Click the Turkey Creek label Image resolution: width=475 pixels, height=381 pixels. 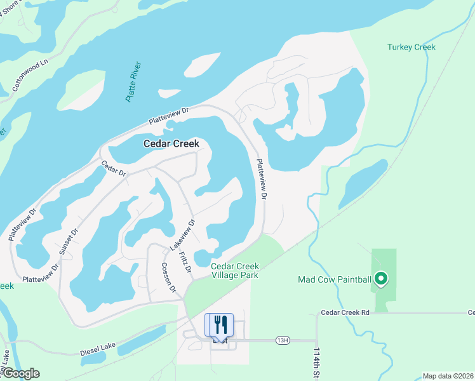(411, 47)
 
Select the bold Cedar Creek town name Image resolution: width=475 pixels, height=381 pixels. (171, 144)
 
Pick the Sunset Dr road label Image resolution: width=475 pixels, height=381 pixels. (68, 241)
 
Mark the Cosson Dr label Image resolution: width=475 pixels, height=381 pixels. (168, 277)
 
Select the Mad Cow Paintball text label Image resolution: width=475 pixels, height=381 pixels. (334, 279)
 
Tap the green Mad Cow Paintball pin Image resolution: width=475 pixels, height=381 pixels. (381, 278)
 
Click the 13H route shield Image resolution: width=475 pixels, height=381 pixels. (282, 340)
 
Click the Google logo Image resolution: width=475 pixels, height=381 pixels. (20, 373)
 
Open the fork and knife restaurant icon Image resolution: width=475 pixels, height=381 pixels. (220, 324)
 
